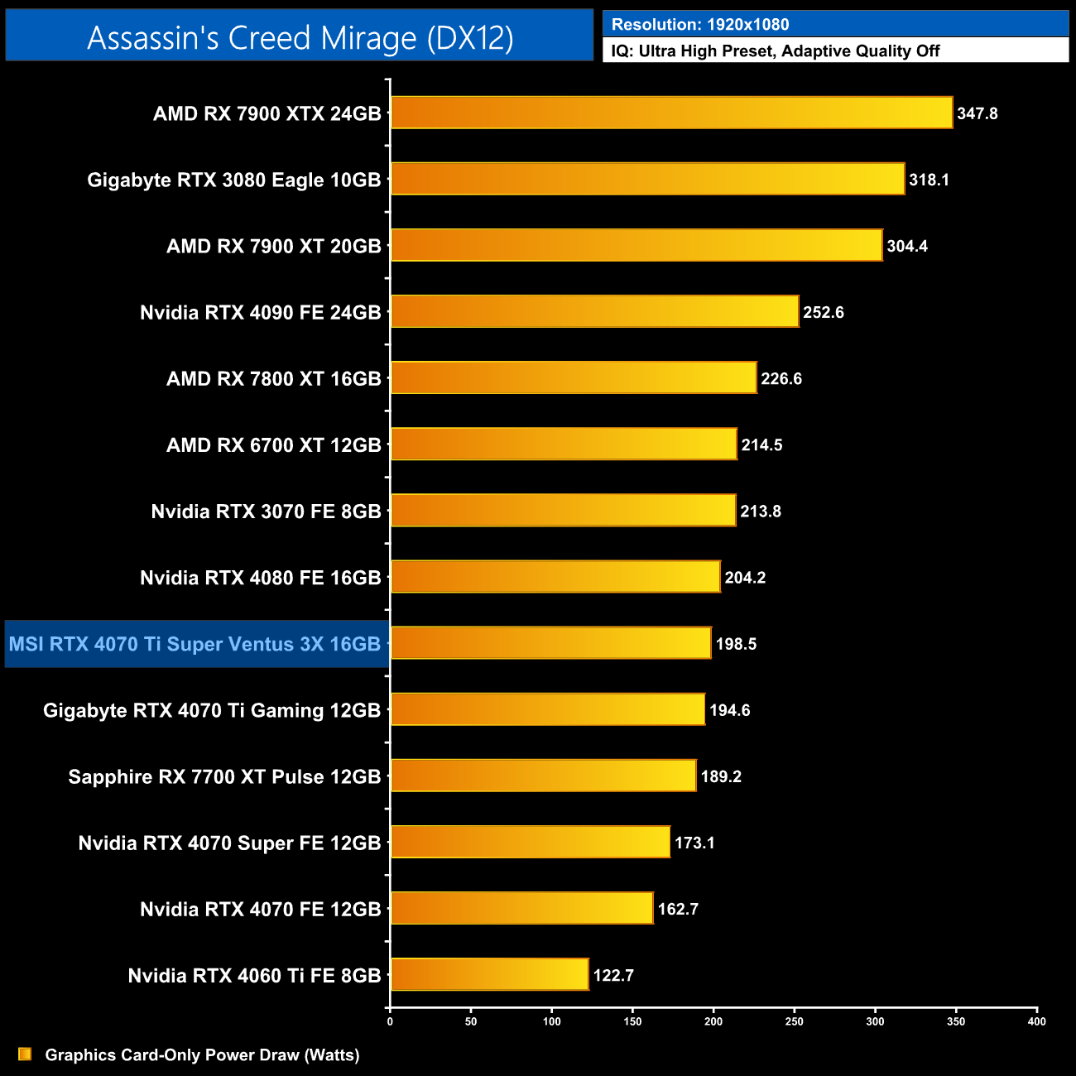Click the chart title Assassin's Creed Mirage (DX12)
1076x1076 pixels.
point(300,38)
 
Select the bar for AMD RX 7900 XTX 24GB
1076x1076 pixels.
point(671,113)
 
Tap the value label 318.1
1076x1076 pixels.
point(929,180)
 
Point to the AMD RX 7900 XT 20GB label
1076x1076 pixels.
point(273,246)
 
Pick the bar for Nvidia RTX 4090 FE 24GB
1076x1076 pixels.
point(594,311)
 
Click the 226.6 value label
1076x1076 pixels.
point(781,378)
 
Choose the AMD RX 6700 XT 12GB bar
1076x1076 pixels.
point(564,444)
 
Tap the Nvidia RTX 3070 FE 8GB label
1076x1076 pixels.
point(266,512)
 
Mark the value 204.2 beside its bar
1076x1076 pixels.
point(745,578)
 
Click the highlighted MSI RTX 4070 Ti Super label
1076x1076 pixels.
point(195,644)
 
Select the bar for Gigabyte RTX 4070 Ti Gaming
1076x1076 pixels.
point(548,709)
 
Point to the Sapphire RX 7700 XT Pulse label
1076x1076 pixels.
point(224,776)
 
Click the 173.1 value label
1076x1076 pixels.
point(694,843)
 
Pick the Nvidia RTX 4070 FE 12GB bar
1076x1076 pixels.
point(521,908)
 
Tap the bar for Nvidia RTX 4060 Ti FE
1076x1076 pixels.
point(489,974)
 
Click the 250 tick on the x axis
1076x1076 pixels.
point(795,1021)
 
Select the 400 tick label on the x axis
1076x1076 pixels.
point(1036,1021)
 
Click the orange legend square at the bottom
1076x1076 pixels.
point(25,1054)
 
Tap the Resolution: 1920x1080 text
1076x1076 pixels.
point(700,25)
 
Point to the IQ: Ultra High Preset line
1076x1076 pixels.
point(776,51)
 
